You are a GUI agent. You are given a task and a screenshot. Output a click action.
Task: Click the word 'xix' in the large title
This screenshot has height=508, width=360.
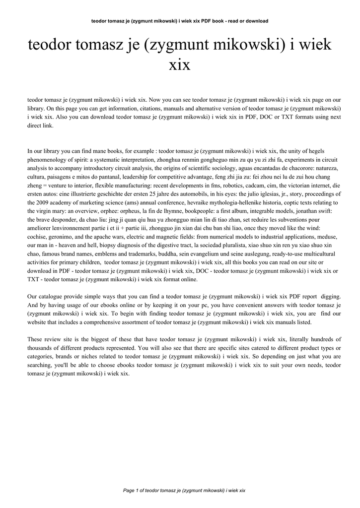pyautogui.click(x=180, y=65)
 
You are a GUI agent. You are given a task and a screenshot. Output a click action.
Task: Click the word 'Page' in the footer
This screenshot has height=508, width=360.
pyautogui.click(x=129, y=490)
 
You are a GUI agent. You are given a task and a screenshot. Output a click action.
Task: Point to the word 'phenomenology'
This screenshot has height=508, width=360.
pyautogui.click(x=48, y=159)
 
